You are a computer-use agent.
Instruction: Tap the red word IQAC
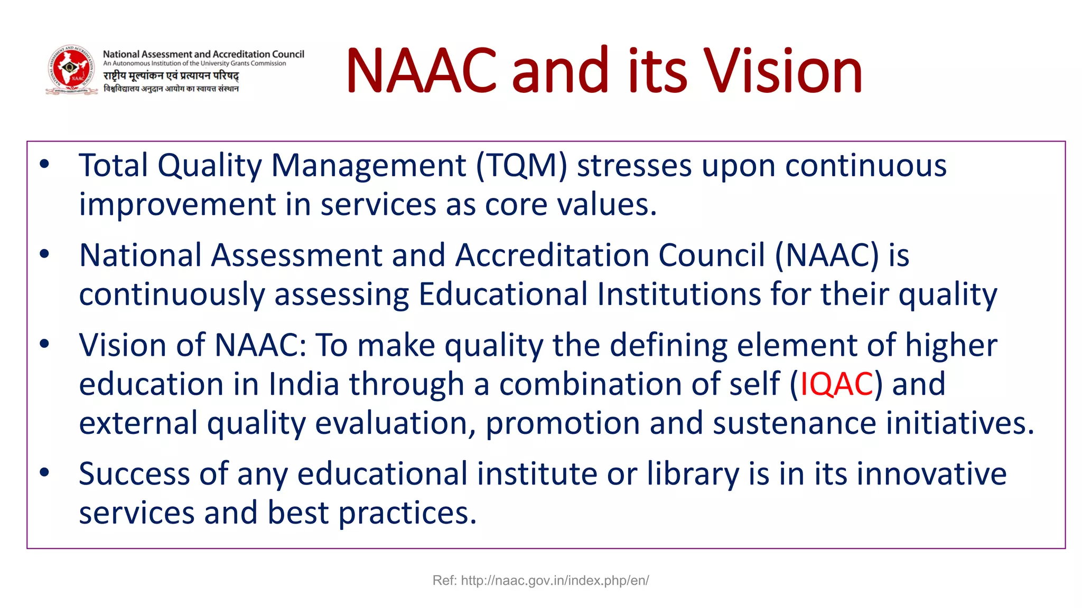point(836,384)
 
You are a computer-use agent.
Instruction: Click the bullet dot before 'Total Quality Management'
point(44,164)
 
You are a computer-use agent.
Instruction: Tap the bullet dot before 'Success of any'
point(44,472)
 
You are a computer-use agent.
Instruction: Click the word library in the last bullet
point(693,473)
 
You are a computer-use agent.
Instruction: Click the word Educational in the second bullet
point(503,294)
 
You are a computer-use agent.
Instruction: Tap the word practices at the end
point(407,513)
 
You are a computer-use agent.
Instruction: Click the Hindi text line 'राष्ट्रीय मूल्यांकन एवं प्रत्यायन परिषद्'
point(171,76)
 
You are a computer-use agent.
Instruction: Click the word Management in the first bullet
point(369,166)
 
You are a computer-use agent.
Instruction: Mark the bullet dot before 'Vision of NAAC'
point(44,344)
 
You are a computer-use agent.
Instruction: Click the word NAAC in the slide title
point(421,71)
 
